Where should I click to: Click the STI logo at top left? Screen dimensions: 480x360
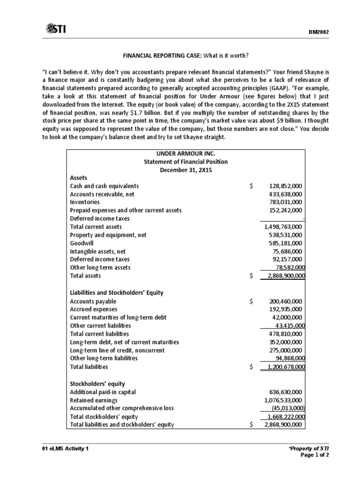pyautogui.click(x=56, y=30)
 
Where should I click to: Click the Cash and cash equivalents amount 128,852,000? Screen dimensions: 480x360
pyautogui.click(x=285, y=186)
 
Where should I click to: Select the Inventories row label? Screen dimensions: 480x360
pyautogui.click(x=84, y=202)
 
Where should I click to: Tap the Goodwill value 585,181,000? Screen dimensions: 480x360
pyautogui.click(x=285, y=243)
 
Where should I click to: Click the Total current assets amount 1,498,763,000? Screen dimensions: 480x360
pyautogui.click(x=283, y=227)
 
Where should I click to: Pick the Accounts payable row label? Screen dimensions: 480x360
pyautogui.click(x=93, y=301)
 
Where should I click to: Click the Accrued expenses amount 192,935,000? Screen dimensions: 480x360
pyautogui.click(x=285, y=309)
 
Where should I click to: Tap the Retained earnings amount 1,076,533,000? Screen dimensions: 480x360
pyautogui.click(x=283, y=400)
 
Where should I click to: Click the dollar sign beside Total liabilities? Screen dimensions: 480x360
pyautogui.click(x=252, y=367)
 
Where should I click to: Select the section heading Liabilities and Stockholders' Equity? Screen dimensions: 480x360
pyautogui.click(x=116, y=292)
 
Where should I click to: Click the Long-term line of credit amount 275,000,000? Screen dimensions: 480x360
pyautogui.click(x=285, y=350)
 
